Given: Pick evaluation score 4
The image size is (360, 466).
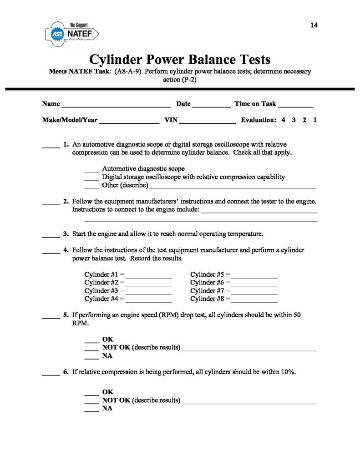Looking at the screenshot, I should click(x=283, y=121).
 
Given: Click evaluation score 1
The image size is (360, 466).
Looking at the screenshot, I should click(x=315, y=121).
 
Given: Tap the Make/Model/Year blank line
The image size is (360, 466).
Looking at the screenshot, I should click(x=129, y=122).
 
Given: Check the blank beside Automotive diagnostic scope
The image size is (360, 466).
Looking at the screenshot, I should click(x=91, y=170).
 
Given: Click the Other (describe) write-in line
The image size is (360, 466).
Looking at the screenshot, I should click(x=233, y=187).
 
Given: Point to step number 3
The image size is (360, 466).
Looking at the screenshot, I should click(x=66, y=235).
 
